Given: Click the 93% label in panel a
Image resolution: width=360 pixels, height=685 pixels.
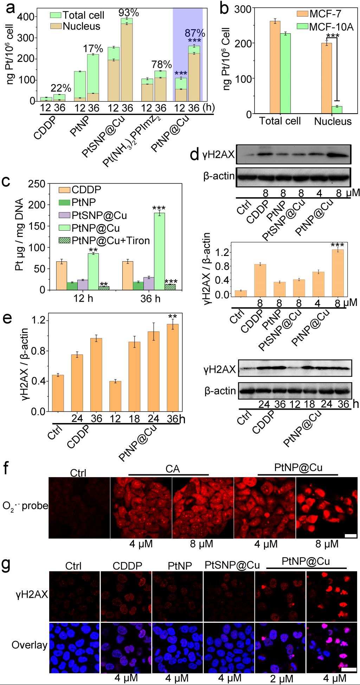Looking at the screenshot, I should [129, 13].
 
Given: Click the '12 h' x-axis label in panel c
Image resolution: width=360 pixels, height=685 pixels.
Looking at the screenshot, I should [84, 299].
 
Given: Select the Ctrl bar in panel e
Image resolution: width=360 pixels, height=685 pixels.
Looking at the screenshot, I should [58, 393].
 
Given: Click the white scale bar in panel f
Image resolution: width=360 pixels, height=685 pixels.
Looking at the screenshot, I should [351, 536].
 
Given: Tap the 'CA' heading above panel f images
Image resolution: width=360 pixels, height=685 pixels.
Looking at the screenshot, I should [172, 469].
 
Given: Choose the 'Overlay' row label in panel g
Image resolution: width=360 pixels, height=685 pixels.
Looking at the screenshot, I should [29, 645].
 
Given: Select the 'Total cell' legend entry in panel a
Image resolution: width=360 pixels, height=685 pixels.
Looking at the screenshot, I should [83, 15].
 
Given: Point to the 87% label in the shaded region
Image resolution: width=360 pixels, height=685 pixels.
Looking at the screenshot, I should [195, 33].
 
